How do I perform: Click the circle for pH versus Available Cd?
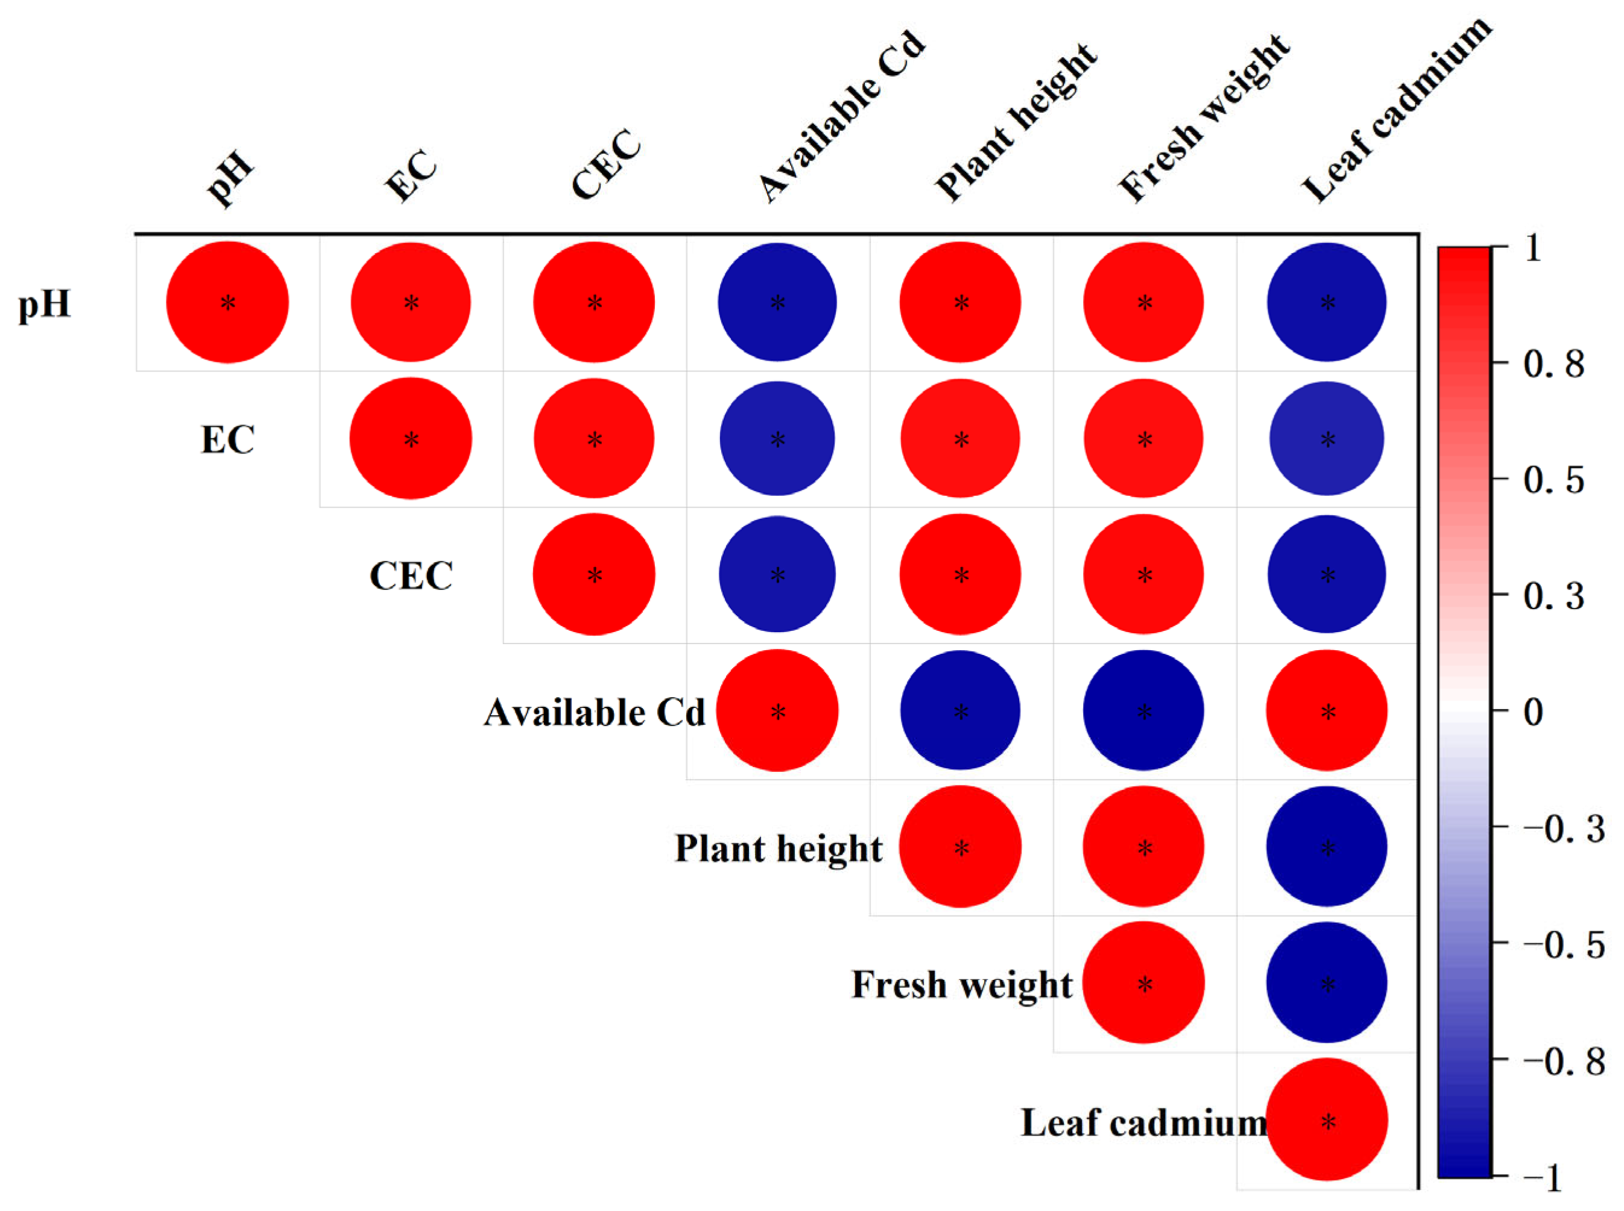click(777, 302)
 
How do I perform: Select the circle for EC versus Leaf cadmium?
click(1327, 438)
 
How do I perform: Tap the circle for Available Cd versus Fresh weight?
click(1143, 710)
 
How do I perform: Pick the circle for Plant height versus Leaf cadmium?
click(1327, 847)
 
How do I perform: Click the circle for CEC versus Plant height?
click(960, 575)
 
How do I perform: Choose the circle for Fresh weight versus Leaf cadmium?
click(1327, 982)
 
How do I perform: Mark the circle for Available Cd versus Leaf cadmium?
click(1327, 710)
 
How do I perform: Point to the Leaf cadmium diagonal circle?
click(1327, 1119)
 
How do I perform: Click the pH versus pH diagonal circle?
click(227, 302)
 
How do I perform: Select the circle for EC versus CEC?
click(593, 438)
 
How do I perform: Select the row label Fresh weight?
click(961, 984)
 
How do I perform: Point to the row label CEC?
click(411, 575)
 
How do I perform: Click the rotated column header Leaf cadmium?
click(1396, 110)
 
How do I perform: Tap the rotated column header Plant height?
click(1016, 121)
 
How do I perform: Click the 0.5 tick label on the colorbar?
click(1553, 480)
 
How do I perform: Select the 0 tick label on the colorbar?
click(1533, 712)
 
